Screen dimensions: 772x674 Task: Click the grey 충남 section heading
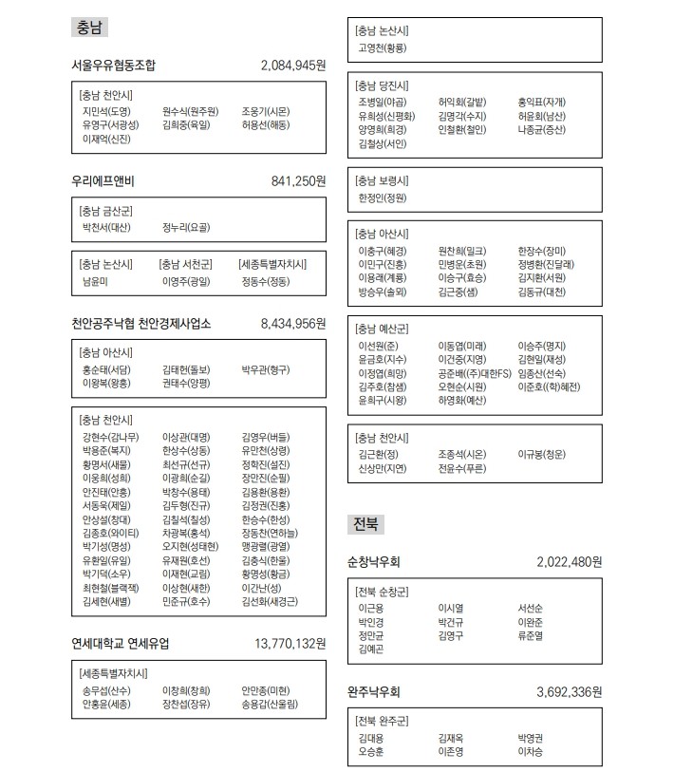tap(87, 28)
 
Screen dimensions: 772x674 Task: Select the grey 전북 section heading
tap(365, 524)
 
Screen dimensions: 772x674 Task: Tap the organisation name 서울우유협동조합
tap(113, 66)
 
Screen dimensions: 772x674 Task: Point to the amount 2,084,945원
tap(293, 66)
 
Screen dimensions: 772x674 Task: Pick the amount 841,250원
tap(298, 180)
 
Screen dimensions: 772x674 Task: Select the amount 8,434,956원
tap(293, 324)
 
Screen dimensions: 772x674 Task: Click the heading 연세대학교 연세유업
tap(121, 643)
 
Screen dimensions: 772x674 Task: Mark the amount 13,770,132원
tap(290, 643)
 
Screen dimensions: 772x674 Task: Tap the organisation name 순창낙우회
tap(375, 562)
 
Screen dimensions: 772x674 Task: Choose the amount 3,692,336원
tap(569, 691)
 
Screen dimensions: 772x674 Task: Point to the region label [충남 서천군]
tap(186, 264)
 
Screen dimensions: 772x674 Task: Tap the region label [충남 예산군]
tap(383, 329)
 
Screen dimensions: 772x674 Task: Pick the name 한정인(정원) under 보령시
tap(382, 198)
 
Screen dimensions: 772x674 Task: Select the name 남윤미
tap(96, 282)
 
